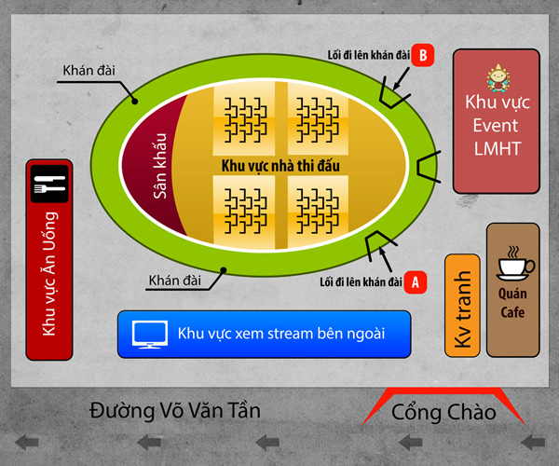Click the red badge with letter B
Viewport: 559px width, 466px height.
[x=423, y=55]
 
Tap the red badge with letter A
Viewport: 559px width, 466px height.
[x=416, y=282]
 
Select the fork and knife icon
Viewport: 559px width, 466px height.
[x=49, y=184]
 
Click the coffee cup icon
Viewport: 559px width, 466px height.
[x=515, y=263]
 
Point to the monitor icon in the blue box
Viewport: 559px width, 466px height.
[x=150, y=334]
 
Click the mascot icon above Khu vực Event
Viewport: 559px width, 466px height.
[x=498, y=78]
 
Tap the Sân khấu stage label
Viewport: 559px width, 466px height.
[x=159, y=166]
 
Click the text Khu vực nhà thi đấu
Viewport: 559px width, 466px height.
[x=280, y=166]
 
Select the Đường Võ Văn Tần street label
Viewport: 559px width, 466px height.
[x=175, y=410]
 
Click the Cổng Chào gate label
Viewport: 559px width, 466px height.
[x=443, y=412]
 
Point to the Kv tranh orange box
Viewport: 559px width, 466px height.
[x=462, y=306]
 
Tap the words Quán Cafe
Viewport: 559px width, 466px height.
[x=512, y=303]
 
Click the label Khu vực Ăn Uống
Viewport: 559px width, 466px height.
[x=49, y=274]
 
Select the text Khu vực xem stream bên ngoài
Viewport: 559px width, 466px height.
[x=281, y=334]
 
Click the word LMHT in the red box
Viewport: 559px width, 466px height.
[x=498, y=149]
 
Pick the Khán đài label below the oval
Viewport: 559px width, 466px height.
[x=175, y=281]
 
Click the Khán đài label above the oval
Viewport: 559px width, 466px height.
[x=89, y=70]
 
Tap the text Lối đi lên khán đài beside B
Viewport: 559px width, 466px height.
[x=369, y=55]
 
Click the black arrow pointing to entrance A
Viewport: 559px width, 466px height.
[x=386, y=259]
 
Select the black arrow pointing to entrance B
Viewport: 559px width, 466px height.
[x=401, y=79]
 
